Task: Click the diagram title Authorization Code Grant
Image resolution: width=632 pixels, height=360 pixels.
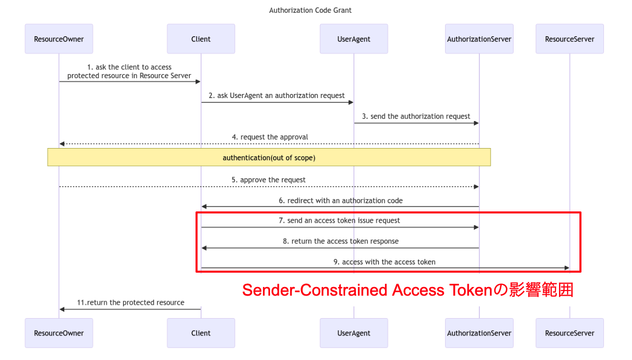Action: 310,10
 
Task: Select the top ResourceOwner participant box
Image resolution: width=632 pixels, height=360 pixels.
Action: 59,39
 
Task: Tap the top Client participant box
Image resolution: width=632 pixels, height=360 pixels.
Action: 201,39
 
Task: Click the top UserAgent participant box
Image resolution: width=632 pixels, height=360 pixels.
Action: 354,39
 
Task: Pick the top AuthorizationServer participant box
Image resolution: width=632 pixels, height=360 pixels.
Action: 479,39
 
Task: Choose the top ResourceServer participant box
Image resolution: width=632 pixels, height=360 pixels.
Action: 569,39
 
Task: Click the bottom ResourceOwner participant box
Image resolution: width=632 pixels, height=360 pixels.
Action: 59,333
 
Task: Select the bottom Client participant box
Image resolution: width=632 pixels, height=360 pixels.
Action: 201,333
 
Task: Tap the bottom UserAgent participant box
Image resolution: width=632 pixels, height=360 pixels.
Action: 354,333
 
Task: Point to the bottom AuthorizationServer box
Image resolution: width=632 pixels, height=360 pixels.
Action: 479,333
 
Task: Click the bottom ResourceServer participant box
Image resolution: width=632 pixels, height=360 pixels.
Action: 569,333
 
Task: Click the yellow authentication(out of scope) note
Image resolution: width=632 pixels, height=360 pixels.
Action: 269,158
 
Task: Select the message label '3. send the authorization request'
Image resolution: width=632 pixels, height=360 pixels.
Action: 416,116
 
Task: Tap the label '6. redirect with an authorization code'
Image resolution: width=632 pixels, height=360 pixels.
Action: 341,201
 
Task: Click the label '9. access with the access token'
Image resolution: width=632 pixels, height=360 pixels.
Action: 384,262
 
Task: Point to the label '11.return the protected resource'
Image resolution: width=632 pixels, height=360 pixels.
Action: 131,303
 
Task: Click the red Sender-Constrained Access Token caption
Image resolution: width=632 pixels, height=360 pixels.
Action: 407,290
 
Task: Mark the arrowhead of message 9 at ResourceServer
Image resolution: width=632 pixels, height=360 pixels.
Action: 566,268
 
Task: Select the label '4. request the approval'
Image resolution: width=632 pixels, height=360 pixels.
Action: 270,137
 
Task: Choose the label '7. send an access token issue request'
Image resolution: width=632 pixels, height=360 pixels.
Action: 340,221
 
